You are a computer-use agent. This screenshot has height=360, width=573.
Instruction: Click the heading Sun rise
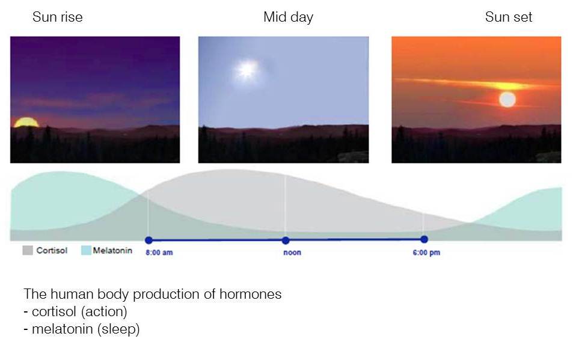[57, 17]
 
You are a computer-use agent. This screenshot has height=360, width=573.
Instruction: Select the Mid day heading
[289, 17]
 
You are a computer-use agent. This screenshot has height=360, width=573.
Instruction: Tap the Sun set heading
[508, 17]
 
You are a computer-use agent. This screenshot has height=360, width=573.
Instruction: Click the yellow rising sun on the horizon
[26, 123]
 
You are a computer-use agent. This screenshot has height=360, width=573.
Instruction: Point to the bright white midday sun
[247, 69]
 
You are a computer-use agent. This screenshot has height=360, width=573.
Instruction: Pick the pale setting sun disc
[507, 99]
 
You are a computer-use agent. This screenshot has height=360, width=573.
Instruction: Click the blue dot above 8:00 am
[149, 240]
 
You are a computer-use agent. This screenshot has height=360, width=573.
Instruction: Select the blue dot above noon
[286, 240]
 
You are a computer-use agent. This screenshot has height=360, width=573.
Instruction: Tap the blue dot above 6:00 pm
[424, 240]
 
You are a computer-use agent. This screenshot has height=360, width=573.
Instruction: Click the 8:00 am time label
[159, 252]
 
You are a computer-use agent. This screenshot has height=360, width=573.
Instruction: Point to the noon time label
[292, 252]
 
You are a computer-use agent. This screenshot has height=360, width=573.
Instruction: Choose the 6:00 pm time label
[426, 252]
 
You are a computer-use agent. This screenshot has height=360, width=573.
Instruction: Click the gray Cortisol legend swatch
[28, 250]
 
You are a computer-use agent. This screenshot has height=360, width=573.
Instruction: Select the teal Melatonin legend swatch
[86, 250]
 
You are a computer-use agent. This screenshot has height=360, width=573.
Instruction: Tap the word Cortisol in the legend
[52, 251]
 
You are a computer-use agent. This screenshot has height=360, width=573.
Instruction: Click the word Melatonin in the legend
[112, 251]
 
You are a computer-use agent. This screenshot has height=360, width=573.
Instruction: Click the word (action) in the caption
[104, 312]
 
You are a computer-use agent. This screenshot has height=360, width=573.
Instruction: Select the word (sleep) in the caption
[118, 329]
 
